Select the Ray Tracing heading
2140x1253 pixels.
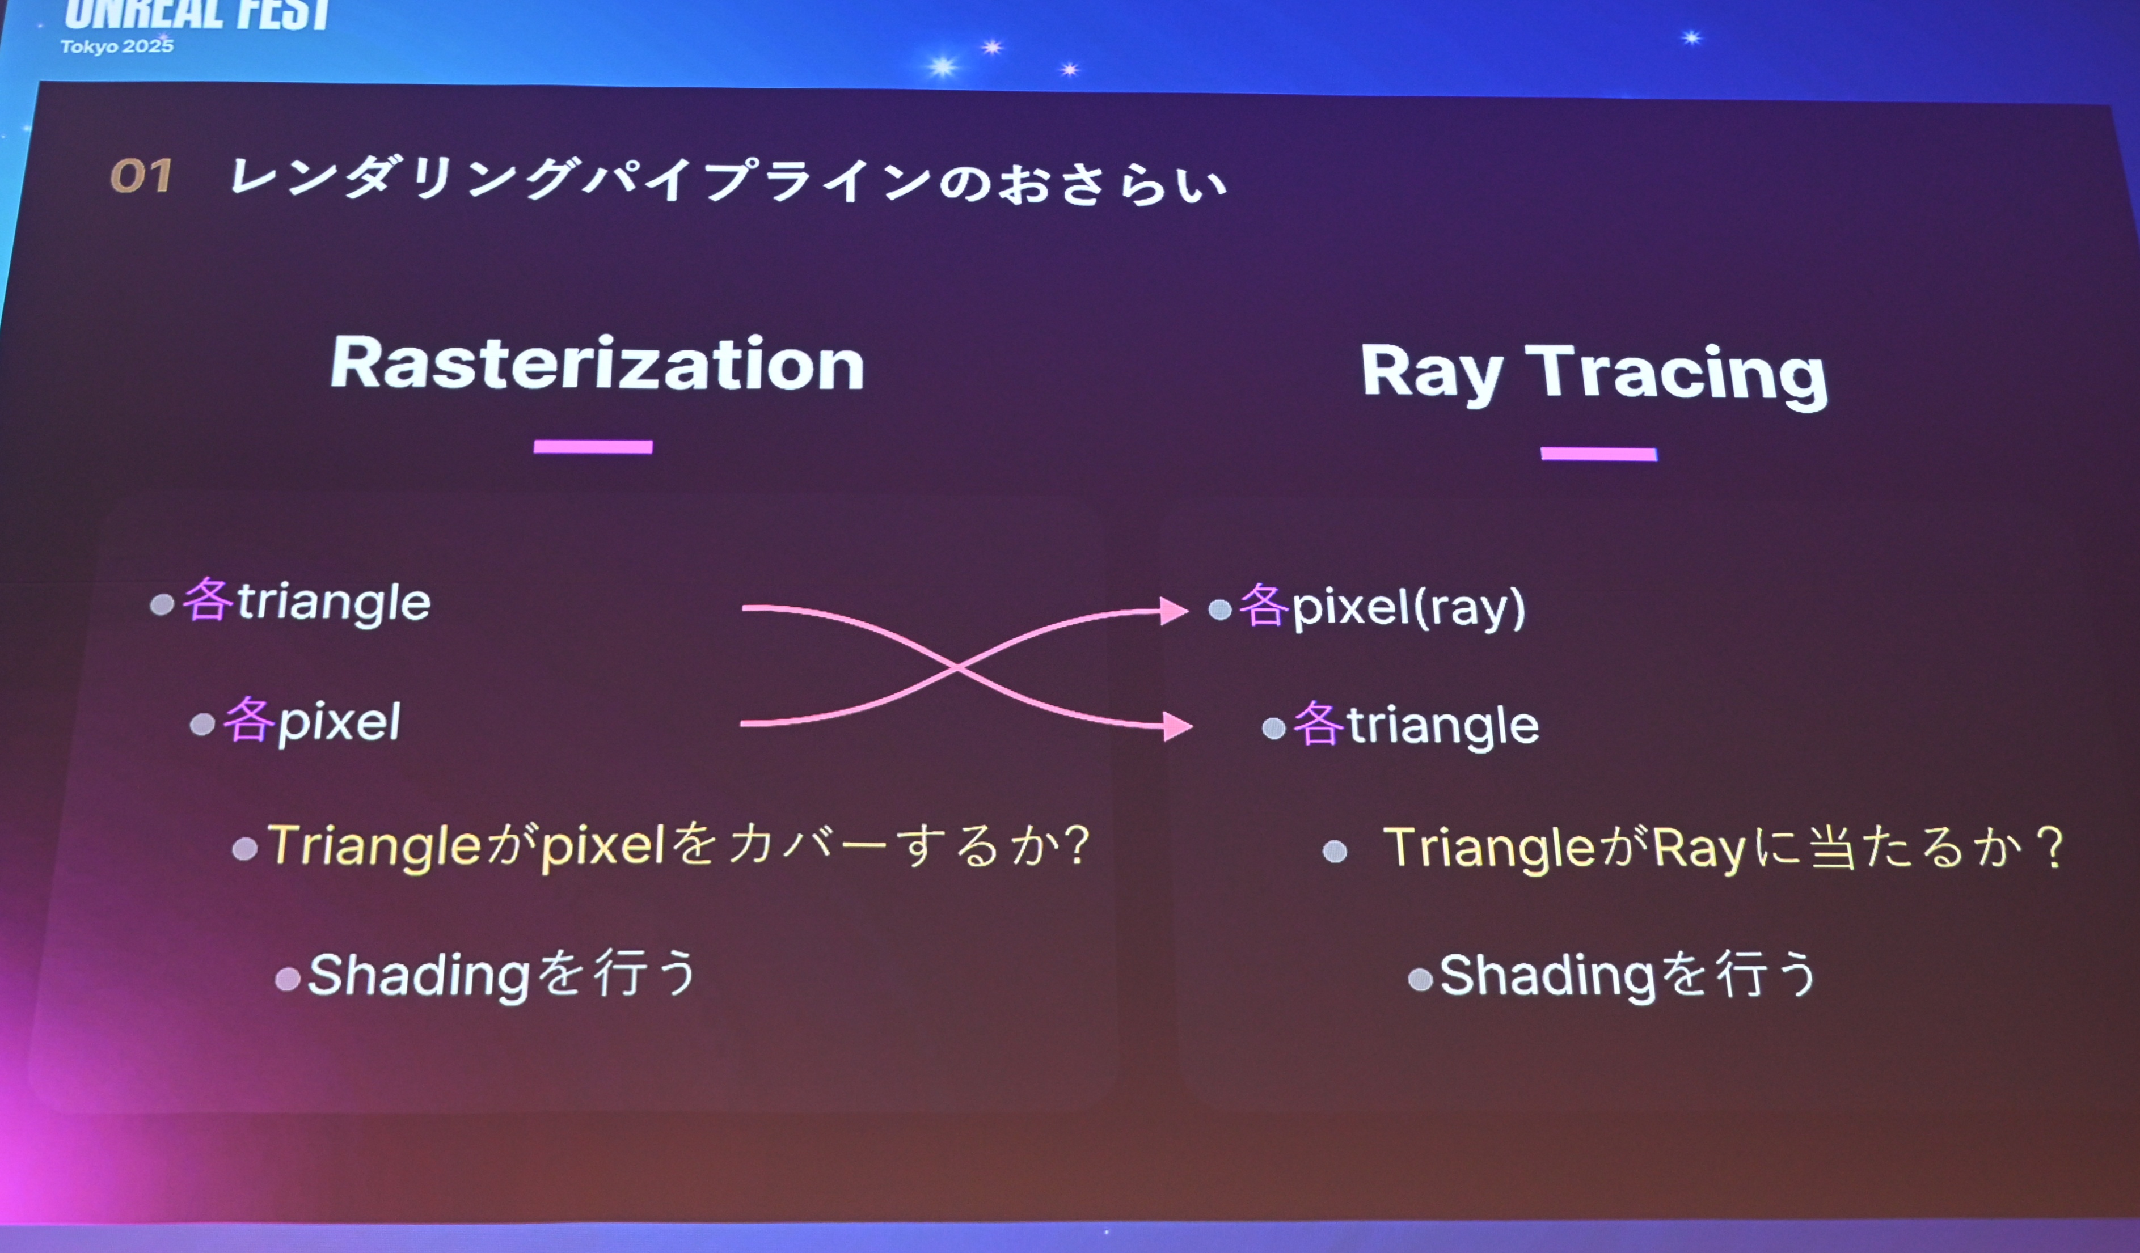pyautogui.click(x=1594, y=374)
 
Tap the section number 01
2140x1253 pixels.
pyautogui.click(x=141, y=176)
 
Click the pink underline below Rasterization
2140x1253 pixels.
pyautogui.click(x=593, y=447)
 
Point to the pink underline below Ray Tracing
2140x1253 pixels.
pyautogui.click(x=1598, y=454)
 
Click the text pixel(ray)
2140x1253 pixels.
pyautogui.click(x=1408, y=608)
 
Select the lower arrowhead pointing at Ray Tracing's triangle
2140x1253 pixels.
pyautogui.click(x=1178, y=726)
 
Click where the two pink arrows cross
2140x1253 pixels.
pyautogui.click(x=958, y=668)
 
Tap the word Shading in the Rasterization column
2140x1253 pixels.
pyautogui.click(x=419, y=975)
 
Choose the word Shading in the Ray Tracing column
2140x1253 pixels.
pyautogui.click(x=1547, y=975)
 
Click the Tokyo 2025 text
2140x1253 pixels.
pyautogui.click(x=116, y=46)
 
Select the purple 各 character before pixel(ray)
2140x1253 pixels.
pyautogui.click(x=1264, y=606)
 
